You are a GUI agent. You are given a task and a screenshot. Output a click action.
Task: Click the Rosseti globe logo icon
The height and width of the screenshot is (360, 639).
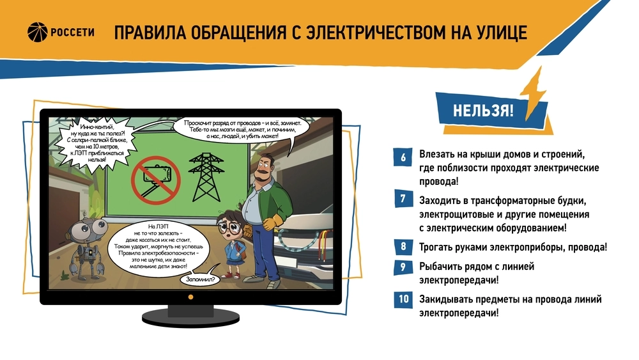pos(38,32)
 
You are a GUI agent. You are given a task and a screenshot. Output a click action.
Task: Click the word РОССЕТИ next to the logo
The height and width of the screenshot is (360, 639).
pos(73,32)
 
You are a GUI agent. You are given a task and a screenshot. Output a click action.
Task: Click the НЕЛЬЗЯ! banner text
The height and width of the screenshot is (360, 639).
pos(483,111)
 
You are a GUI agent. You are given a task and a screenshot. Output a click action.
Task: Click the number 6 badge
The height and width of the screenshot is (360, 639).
pos(403,157)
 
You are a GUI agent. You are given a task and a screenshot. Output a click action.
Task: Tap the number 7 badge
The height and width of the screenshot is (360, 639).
pos(403,199)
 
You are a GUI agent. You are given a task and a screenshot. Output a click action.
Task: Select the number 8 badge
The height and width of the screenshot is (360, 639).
pos(403,246)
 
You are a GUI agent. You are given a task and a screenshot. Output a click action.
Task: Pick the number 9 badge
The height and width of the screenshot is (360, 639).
pos(403,267)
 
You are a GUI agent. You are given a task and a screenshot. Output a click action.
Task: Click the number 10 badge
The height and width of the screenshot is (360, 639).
pos(403,299)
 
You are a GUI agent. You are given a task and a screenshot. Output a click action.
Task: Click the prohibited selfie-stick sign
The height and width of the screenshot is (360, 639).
pos(156,180)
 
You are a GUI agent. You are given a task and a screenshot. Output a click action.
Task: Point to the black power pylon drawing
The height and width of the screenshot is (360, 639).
pos(206,177)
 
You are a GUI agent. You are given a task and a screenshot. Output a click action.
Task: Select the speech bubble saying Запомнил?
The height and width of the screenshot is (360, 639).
pos(199,279)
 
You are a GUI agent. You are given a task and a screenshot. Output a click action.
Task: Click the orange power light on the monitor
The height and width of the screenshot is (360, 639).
pos(190,297)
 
